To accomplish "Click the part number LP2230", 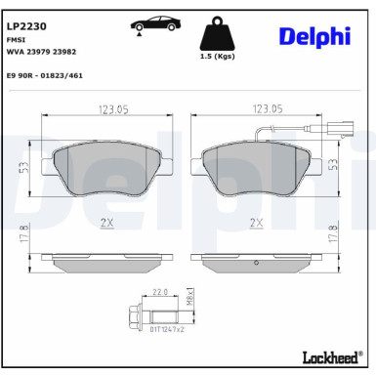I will click(27, 15).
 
